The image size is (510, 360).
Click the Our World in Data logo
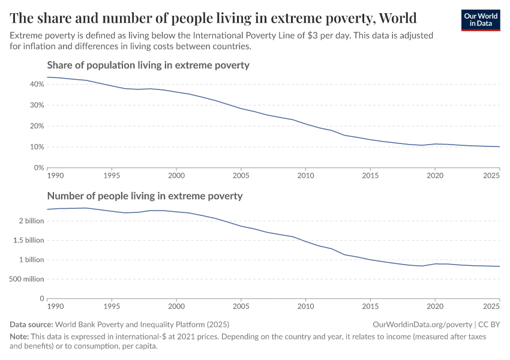click(x=480, y=20)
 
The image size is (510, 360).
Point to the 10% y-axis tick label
click(x=37, y=147)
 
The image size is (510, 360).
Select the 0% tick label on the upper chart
click(x=38, y=168)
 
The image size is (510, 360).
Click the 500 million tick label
click(x=25, y=279)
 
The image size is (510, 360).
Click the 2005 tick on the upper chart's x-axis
click(x=241, y=176)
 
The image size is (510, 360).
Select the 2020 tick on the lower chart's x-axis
click(x=435, y=307)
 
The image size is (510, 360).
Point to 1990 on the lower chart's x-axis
click(x=55, y=307)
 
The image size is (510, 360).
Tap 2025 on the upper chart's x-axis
click(x=491, y=176)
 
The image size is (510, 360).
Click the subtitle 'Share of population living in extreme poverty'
click(x=148, y=65)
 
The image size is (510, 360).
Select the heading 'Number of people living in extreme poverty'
click(x=145, y=196)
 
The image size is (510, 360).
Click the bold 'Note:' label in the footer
click(x=20, y=337)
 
